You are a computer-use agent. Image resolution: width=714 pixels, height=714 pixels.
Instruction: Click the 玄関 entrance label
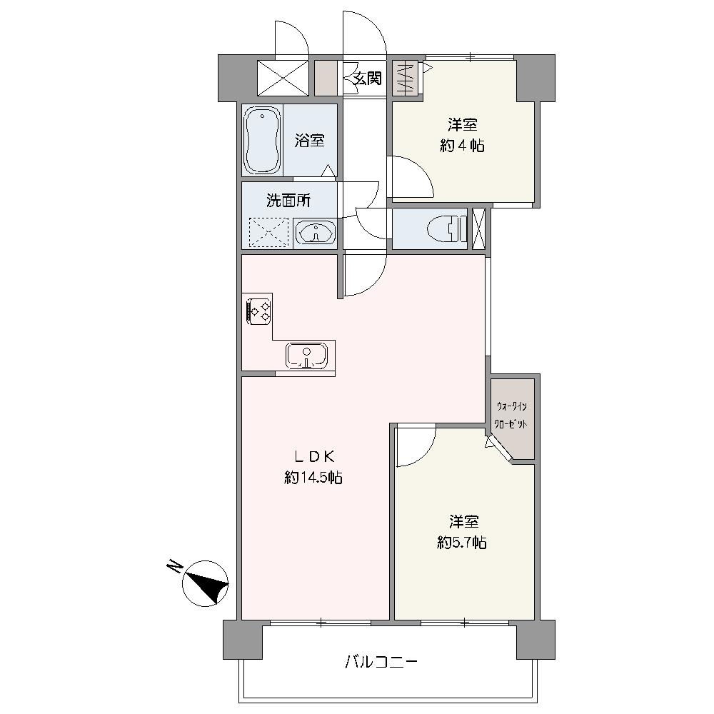pos(368,79)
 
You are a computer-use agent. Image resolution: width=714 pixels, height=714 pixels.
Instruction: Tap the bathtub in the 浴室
pos(261,140)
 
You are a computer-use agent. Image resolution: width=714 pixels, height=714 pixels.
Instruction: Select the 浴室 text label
pos(310,140)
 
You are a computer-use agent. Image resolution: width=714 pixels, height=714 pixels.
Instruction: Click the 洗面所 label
pos(288,201)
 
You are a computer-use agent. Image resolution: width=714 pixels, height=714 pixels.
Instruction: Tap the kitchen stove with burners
pos(258,311)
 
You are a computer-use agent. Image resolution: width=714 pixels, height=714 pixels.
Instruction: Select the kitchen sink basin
pos(306,356)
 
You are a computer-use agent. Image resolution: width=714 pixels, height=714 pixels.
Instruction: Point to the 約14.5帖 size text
pos(313,478)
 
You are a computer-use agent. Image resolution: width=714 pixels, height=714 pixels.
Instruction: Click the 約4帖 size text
pos(462,146)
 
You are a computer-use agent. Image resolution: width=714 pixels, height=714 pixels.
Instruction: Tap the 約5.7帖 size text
pos(462,543)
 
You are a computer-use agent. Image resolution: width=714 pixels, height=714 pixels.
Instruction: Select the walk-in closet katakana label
pos(512,415)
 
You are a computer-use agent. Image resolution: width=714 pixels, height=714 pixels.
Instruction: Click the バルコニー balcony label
pos(381,661)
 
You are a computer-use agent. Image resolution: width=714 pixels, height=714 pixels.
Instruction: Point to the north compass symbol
pos(205,583)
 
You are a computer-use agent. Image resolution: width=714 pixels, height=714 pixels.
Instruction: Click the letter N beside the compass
pos(174,566)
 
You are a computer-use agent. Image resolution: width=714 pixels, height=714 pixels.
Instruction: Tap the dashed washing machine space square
pos(268,233)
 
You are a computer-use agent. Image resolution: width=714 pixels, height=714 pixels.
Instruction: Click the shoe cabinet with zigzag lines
pos(405,78)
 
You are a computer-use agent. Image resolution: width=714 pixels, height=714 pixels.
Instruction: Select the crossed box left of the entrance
pos(283,78)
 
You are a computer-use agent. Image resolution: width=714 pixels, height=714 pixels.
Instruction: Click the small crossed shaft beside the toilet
pos(478,228)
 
